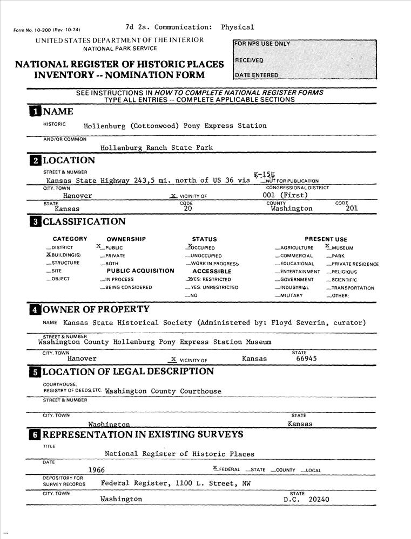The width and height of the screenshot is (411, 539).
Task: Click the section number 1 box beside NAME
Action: pos(35,112)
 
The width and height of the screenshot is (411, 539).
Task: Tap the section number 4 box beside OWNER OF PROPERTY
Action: pos(35,309)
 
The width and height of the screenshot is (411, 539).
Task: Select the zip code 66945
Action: pos(306,358)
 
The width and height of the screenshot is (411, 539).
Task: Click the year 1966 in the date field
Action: pos(96,470)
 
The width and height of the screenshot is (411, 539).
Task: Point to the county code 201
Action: pos(351,208)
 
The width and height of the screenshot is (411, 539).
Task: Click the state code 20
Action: pos(188,208)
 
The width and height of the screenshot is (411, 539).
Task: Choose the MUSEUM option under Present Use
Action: pos(342,248)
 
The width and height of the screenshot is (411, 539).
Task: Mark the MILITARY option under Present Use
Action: pos(292,296)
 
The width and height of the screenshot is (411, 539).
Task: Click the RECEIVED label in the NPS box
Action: pos(250,60)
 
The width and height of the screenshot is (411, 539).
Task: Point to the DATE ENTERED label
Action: pos(257,75)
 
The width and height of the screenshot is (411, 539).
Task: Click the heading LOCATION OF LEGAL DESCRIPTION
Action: pos(128,371)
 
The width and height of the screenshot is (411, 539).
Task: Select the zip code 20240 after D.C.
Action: pos(319,499)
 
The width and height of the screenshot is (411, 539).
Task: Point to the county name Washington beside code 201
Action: pos(292,208)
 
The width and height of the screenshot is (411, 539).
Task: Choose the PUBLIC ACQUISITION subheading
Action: pos(140,271)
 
